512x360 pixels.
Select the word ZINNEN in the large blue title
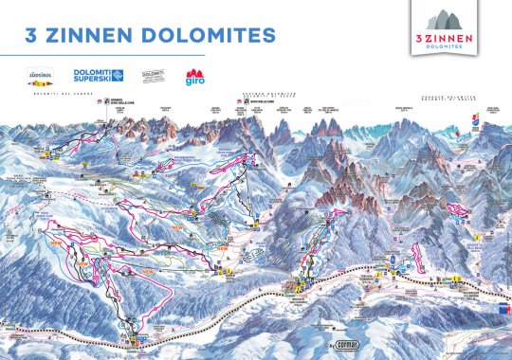pyautogui.click(x=101, y=35)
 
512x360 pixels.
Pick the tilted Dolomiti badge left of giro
pyautogui.click(x=154, y=75)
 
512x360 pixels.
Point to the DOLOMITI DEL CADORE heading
pyautogui.click(x=58, y=91)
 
